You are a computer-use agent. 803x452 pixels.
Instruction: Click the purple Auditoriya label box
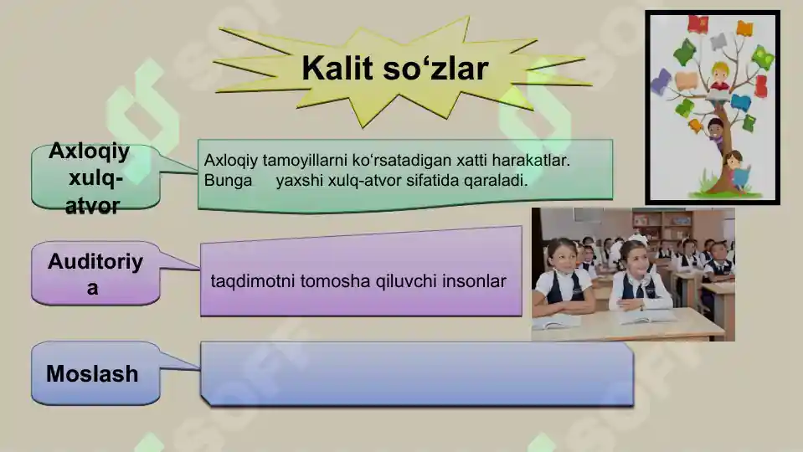click(95, 274)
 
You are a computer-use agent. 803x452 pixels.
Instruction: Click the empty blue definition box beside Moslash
click(416, 373)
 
